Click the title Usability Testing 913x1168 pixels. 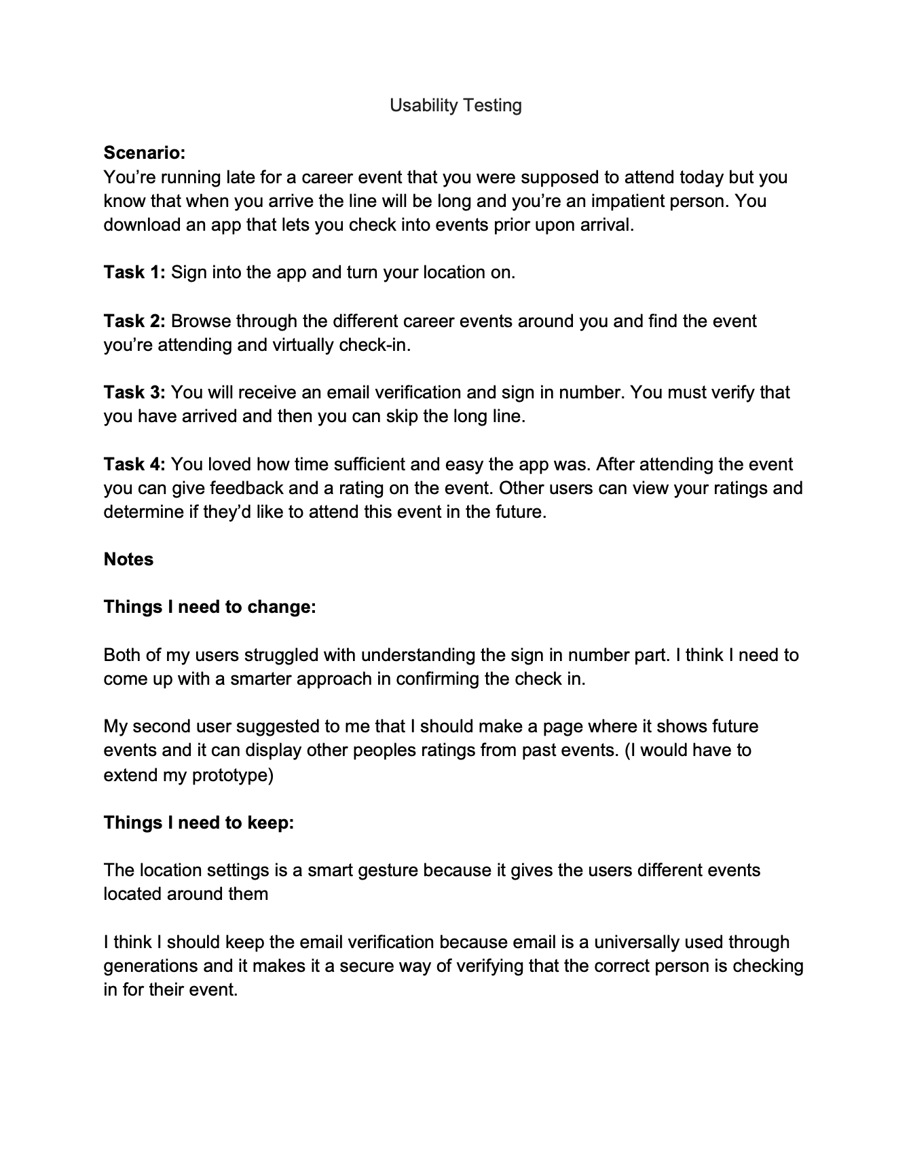coord(455,105)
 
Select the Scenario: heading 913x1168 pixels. coord(144,153)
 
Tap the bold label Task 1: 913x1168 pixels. coord(134,272)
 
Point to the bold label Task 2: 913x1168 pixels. coord(134,320)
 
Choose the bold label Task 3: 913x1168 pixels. coord(134,392)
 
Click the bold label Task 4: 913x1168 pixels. coord(134,464)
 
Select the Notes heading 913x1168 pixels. coord(128,559)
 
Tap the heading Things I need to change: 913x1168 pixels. coord(210,607)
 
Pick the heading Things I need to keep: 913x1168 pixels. coord(199,823)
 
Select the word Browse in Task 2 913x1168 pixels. coord(201,320)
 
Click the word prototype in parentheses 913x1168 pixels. coord(233,774)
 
